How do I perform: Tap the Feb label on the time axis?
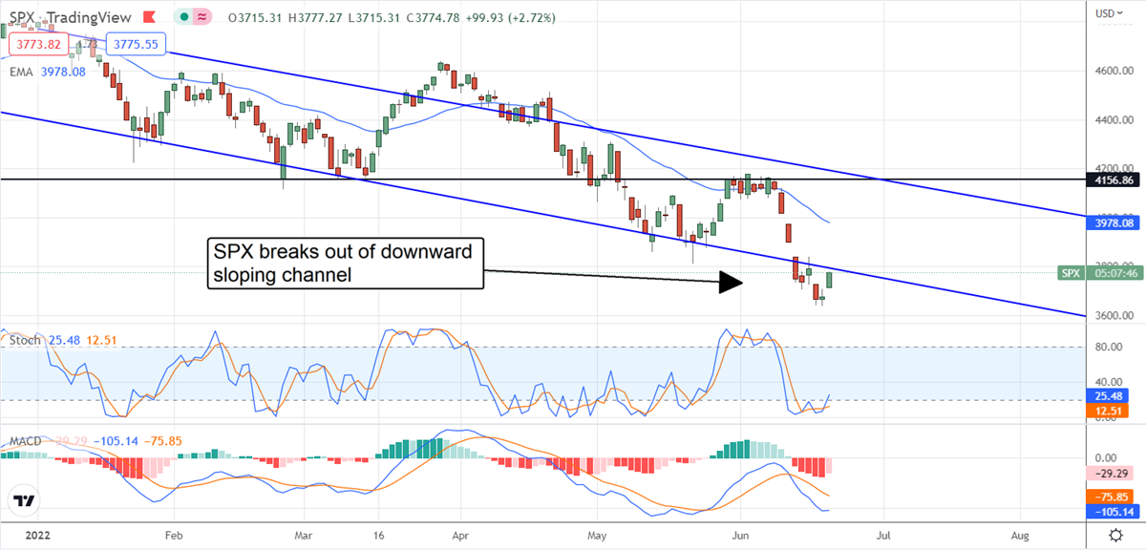[x=173, y=536]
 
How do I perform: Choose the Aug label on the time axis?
[x=1020, y=536]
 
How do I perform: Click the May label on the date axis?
[x=597, y=536]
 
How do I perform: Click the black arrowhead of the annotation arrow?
[x=730, y=282]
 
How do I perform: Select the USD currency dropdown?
[x=1109, y=13]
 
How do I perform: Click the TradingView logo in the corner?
[x=25, y=500]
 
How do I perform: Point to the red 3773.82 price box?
[x=37, y=44]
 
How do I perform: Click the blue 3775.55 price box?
[x=136, y=44]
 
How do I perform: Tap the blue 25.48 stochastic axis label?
[x=1113, y=395]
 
